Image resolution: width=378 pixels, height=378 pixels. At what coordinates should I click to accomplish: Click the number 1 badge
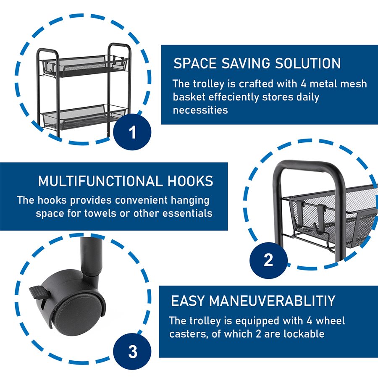(132, 132)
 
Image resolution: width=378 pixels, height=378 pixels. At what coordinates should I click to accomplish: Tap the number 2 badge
(268, 260)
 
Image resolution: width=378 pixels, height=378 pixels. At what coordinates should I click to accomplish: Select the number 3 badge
(132, 352)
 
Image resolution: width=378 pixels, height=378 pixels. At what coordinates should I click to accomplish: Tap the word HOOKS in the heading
(190, 181)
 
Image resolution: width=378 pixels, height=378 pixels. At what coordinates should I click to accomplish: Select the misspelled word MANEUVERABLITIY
(272, 301)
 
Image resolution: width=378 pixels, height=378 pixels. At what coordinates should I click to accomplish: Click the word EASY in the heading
(188, 301)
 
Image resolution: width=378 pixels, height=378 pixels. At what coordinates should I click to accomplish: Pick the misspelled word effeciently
(234, 97)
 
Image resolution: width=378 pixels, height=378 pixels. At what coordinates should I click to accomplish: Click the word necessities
(200, 110)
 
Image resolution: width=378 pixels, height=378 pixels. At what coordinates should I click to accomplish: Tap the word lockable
(304, 334)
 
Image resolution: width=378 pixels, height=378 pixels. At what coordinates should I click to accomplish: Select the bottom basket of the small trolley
(84, 117)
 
